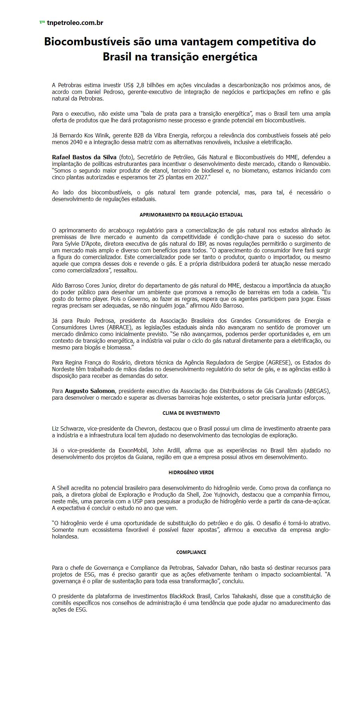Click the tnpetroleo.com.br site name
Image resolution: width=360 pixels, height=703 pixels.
(x=75, y=23)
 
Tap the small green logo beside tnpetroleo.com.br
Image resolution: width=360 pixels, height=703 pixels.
(x=42, y=22)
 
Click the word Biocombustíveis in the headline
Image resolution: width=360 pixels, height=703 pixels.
(x=86, y=42)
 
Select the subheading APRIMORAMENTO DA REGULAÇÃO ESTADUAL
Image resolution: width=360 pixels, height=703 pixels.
(x=191, y=215)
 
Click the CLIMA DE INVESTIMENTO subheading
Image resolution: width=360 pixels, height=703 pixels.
(x=191, y=413)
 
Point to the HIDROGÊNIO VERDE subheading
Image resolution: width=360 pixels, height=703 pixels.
(x=191, y=472)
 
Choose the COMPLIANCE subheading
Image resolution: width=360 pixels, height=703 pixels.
(x=191, y=552)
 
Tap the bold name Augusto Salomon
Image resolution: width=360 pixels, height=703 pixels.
(x=90, y=391)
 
